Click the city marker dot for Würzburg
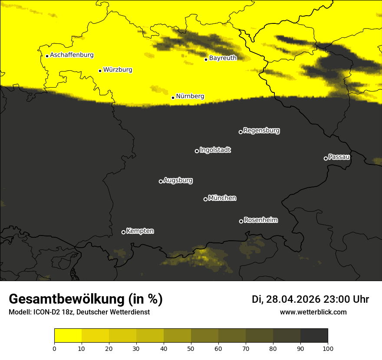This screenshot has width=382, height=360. [x=100, y=71]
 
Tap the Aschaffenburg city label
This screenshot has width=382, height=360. [x=72, y=55]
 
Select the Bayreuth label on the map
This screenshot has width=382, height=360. [x=223, y=58]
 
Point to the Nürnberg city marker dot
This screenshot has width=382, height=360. [x=173, y=98]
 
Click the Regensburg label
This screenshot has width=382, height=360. [x=261, y=130]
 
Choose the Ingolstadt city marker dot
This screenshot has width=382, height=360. [x=197, y=151]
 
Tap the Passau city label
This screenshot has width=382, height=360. [x=339, y=157]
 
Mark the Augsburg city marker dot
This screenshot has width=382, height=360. [x=161, y=181]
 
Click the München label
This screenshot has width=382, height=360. [x=222, y=198]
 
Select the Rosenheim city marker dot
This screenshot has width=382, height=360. [x=241, y=221]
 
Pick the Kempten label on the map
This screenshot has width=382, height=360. [x=140, y=231]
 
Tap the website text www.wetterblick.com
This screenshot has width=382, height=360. [x=313, y=312]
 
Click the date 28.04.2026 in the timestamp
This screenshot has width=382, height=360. [x=293, y=299]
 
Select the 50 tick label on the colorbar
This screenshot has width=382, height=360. [x=191, y=348]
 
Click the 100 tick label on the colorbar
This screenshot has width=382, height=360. [x=327, y=348]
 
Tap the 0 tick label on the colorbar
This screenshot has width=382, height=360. [x=54, y=348]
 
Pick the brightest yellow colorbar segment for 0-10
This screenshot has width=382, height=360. [x=68, y=336]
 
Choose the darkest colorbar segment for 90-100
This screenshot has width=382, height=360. [x=314, y=336]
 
